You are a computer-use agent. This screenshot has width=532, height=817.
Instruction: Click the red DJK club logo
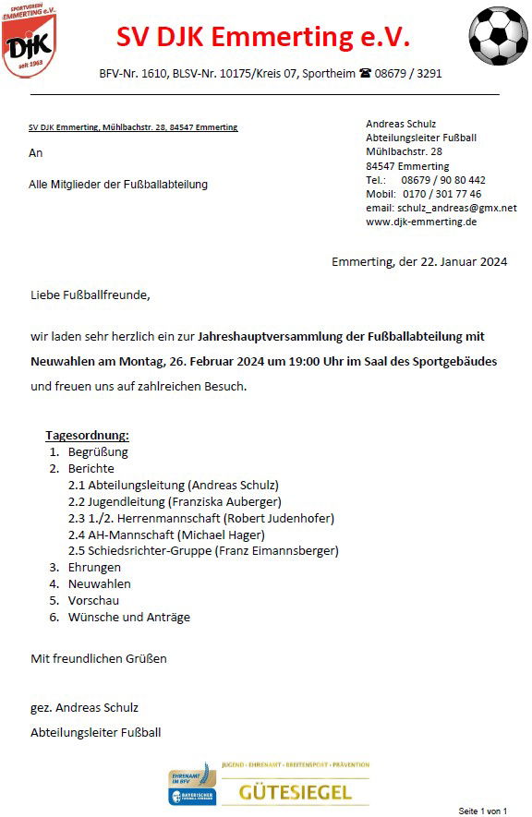click(x=28, y=42)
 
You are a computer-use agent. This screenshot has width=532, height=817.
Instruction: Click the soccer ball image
click(x=499, y=34)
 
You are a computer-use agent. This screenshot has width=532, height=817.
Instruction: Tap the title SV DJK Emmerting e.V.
click(x=263, y=39)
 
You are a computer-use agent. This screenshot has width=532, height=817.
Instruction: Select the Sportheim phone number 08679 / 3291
click(x=408, y=74)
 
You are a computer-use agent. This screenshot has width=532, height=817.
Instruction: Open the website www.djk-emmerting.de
click(x=421, y=222)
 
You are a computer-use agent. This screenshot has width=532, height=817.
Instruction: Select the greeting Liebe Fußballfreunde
click(x=90, y=295)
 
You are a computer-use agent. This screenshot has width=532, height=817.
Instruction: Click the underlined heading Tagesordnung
click(x=87, y=435)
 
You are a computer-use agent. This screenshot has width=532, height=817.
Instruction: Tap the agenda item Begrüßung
click(x=98, y=451)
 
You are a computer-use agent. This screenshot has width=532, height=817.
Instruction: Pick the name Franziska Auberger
click(x=225, y=501)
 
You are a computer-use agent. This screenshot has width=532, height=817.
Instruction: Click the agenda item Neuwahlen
click(x=100, y=584)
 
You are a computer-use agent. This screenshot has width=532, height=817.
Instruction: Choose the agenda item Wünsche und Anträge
click(x=129, y=618)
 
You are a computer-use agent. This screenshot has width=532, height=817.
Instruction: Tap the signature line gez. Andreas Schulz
click(x=85, y=707)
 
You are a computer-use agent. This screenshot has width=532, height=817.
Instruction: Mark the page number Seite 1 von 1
click(x=483, y=810)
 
